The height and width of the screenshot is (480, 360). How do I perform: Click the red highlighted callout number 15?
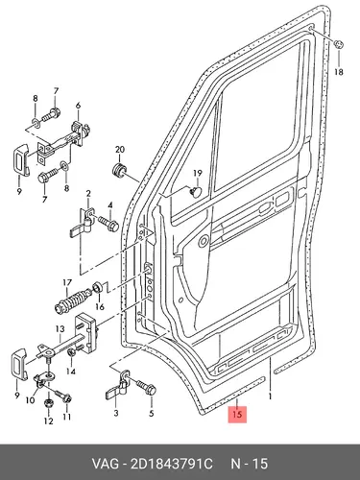pyautogui.click(x=237, y=414)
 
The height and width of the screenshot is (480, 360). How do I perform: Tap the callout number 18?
pyautogui.click(x=339, y=72)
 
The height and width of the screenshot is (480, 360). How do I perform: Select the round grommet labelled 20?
pyautogui.click(x=120, y=170)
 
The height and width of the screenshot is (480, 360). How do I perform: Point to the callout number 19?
pyautogui.click(x=198, y=174)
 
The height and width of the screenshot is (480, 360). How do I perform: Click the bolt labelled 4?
pyautogui.click(x=108, y=223)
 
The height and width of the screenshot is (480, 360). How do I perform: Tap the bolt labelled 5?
pyautogui.click(x=145, y=387)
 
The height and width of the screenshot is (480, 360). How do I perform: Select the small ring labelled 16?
pyautogui.click(x=97, y=287)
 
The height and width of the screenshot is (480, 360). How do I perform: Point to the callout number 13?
pyautogui.click(x=60, y=328)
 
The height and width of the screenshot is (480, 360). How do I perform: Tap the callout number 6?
pyautogui.click(x=78, y=106)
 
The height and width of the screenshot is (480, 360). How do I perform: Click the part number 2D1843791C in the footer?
pyautogui.click(x=171, y=464)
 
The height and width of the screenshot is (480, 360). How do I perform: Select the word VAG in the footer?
pyautogui.click(x=105, y=464)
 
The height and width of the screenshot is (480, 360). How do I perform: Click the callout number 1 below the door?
pyautogui.click(x=270, y=396)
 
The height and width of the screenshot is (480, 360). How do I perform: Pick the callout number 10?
pyautogui.click(x=30, y=400)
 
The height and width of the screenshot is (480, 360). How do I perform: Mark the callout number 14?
pyautogui.click(x=71, y=372)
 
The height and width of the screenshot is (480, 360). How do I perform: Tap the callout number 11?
pyautogui.click(x=66, y=417)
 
